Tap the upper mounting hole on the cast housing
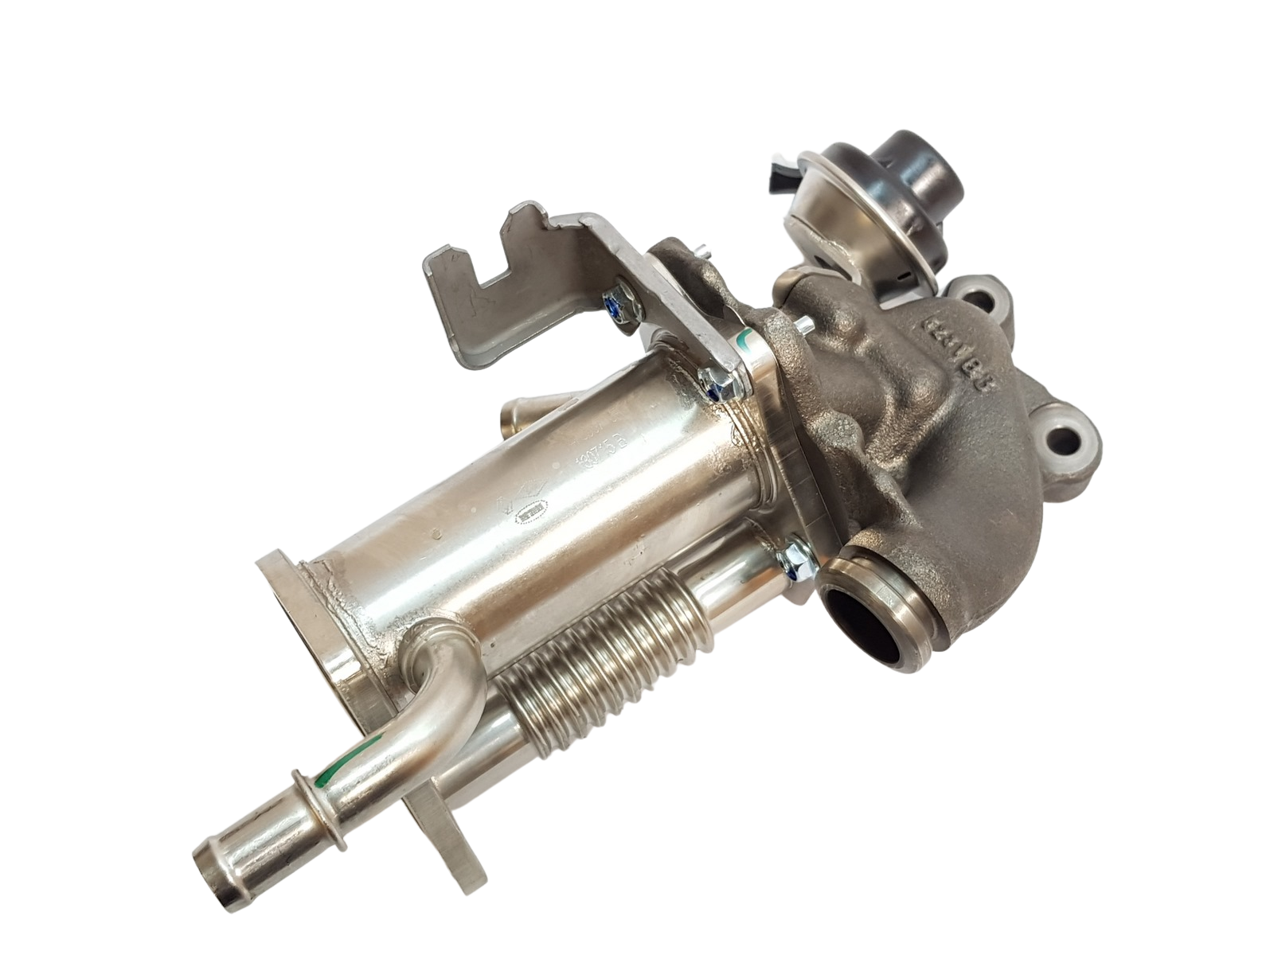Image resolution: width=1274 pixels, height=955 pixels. coord(991,296)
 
